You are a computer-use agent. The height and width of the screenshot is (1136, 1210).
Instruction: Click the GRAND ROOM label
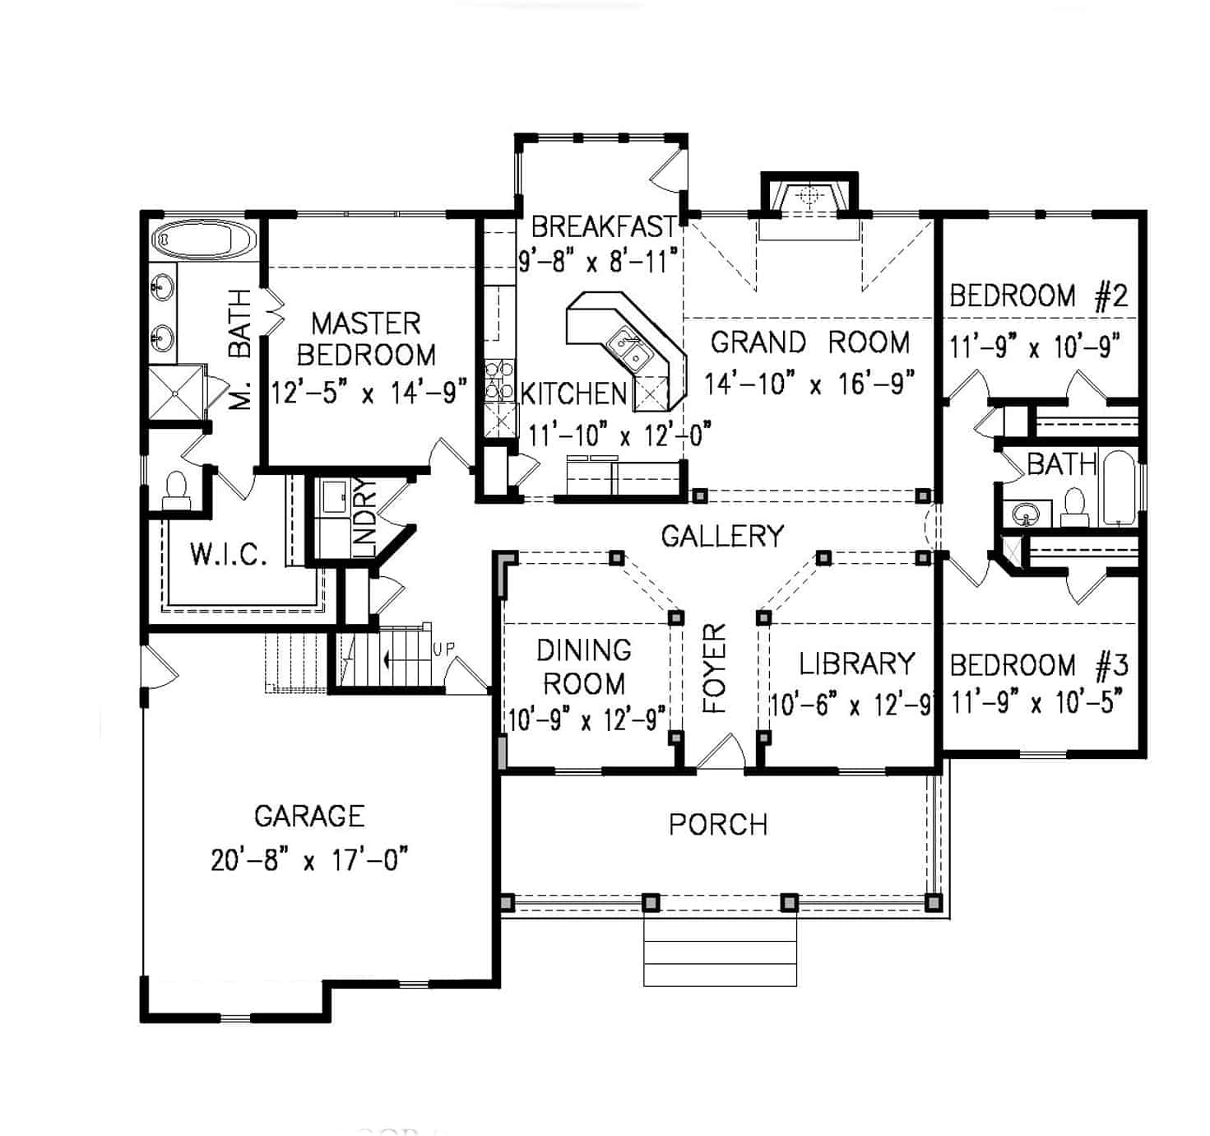pos(809,342)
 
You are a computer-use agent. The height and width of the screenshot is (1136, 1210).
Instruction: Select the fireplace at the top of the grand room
pos(809,198)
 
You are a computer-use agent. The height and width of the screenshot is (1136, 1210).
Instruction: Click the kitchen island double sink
pos(629,349)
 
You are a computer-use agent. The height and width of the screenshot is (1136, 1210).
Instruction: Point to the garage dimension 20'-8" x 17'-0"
pos(309,860)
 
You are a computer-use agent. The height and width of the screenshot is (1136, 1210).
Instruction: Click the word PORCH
pos(718,825)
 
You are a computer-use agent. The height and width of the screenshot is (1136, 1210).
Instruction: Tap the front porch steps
pos(720,952)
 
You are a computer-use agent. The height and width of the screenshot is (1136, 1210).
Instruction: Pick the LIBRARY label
pos(857,663)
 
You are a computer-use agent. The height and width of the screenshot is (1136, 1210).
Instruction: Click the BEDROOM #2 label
pos(1038,296)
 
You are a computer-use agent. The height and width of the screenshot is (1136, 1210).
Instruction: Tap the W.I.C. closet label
pos(229,554)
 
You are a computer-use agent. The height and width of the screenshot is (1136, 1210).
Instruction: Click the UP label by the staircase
pos(443,649)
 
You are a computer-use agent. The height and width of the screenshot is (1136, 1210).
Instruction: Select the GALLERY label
pos(722,536)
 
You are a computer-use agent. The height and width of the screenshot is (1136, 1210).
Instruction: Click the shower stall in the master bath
pos(175,393)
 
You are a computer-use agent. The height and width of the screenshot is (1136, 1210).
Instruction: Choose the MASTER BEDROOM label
pos(366,338)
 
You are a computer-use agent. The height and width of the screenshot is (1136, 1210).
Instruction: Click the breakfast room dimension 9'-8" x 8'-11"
pos(598,261)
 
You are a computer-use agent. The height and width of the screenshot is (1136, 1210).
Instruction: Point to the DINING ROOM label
pos(584,667)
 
